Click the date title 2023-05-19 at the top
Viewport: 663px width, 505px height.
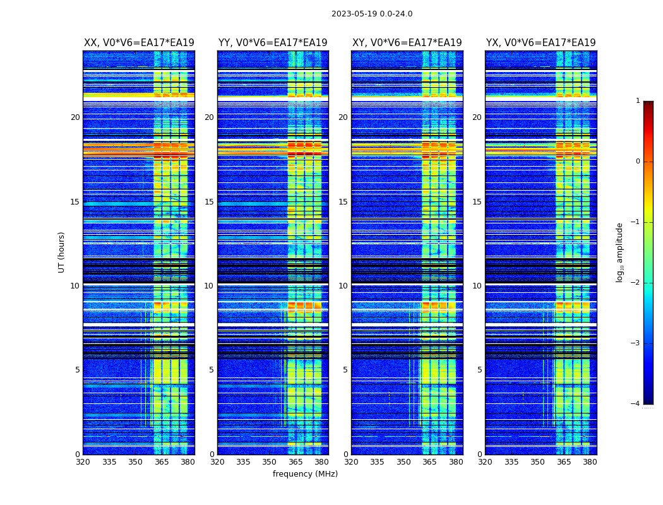[371, 14]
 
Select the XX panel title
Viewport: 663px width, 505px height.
[139, 43]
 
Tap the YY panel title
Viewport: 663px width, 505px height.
[273, 43]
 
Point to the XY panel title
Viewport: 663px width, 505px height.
[407, 43]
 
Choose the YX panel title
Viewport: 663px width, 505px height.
[541, 43]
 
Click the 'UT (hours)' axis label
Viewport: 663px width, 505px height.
[61, 252]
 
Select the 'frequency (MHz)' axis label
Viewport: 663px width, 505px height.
[305, 474]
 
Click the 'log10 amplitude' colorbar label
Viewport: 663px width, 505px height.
[619, 252]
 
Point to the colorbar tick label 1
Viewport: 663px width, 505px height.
[637, 101]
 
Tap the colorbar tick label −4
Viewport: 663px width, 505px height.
[635, 404]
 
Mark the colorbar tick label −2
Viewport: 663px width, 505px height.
[635, 283]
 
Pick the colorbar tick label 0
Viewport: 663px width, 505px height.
[637, 162]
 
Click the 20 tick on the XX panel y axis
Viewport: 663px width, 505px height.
[75, 117]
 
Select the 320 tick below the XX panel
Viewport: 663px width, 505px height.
[83, 462]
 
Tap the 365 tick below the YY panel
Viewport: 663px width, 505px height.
[296, 462]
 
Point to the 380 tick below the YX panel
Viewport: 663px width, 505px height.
[590, 462]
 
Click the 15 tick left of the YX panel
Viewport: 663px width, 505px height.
[477, 202]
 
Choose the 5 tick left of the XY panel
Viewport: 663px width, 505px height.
[345, 370]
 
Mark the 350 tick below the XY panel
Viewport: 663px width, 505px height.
[403, 462]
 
